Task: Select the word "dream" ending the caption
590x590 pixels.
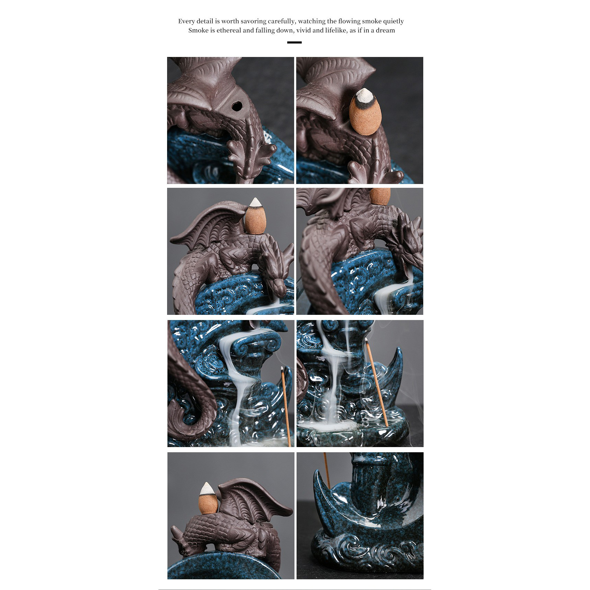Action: [x=385, y=30]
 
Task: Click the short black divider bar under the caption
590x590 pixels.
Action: [x=294, y=42]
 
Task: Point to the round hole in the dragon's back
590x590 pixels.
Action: [x=236, y=106]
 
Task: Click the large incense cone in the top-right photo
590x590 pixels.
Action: [x=364, y=112]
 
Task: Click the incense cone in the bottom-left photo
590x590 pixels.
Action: [x=208, y=498]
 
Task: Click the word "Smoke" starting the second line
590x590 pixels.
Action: [x=199, y=30]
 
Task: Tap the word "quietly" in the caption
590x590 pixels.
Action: [x=393, y=21]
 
